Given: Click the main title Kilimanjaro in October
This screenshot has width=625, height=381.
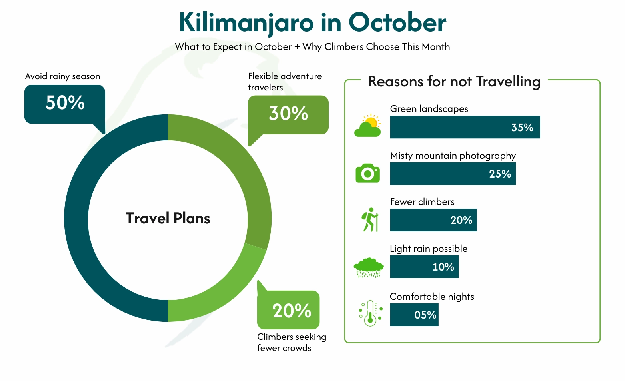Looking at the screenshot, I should (x=312, y=22).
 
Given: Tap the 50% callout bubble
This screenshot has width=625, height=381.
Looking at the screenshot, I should (x=65, y=104).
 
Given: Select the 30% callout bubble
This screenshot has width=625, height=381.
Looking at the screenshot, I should (x=288, y=114).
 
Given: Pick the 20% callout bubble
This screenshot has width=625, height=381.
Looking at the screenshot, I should (x=289, y=310).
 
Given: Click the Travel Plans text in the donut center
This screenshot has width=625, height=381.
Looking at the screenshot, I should (x=168, y=218).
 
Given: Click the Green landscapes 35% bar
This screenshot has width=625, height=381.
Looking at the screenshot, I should (x=465, y=127).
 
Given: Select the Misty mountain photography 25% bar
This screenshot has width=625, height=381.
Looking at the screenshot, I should (x=453, y=174).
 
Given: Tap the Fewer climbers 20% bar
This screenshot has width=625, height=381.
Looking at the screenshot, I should (x=433, y=220).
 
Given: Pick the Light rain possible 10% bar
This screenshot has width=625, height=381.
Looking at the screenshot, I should (x=424, y=267).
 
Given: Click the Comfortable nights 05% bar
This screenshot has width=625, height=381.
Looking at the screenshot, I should (x=414, y=315).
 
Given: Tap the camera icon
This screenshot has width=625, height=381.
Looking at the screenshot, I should (x=367, y=173).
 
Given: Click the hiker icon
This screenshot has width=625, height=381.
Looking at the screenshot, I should (x=370, y=219).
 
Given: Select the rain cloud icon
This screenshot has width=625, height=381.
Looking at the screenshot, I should (x=369, y=267).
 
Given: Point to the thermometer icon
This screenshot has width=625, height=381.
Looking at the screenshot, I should (x=370, y=313).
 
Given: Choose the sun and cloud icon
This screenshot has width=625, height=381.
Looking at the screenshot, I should (x=368, y=126).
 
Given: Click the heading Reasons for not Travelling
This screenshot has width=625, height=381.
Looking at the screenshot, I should (x=454, y=82).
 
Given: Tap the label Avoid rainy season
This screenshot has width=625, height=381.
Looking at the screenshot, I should (x=62, y=76).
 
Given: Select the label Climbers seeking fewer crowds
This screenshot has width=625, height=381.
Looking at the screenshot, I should (x=291, y=342).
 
